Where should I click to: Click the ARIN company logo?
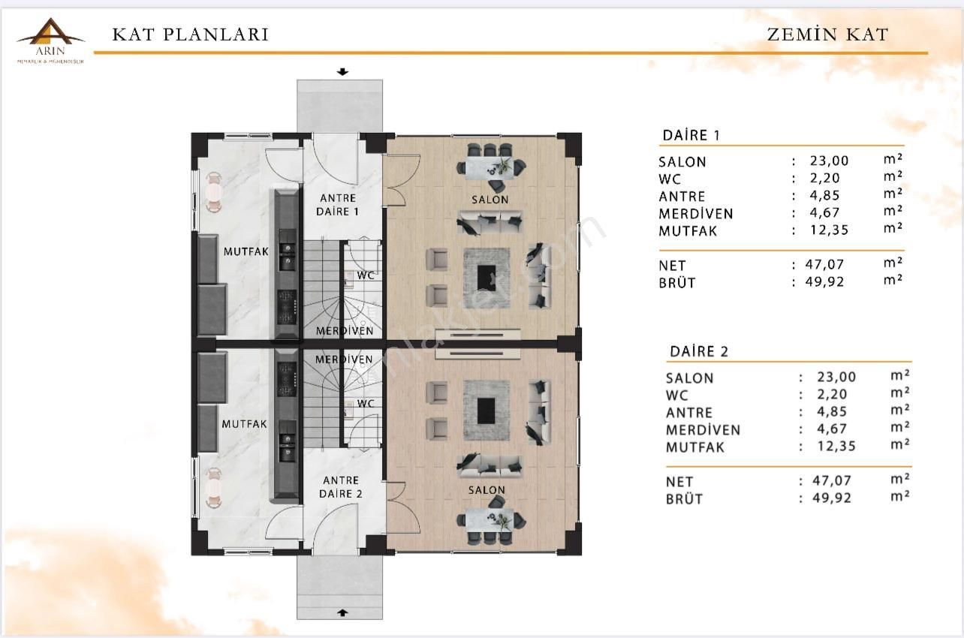[x=50, y=39]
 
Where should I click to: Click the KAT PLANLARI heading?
[x=190, y=35]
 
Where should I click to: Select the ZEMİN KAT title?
[x=827, y=35]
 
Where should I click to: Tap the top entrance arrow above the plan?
[x=343, y=73]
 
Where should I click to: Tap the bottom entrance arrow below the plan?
[x=343, y=612]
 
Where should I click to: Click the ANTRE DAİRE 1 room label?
[x=339, y=205]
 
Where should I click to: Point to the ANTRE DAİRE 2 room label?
[x=341, y=487]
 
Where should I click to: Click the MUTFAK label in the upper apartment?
[x=246, y=252]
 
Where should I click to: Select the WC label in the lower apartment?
[x=366, y=404]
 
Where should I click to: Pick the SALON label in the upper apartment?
[x=490, y=200]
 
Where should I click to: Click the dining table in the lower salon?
[x=489, y=519]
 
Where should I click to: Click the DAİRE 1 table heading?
[x=691, y=135]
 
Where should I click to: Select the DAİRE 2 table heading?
[x=698, y=351]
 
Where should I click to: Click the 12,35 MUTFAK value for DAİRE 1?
[x=829, y=230]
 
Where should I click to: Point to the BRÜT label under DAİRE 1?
[x=677, y=283]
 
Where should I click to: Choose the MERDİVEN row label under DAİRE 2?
[x=703, y=430]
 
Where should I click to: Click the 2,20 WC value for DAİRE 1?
[x=824, y=179]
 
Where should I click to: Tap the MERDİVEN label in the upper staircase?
[x=344, y=331]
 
